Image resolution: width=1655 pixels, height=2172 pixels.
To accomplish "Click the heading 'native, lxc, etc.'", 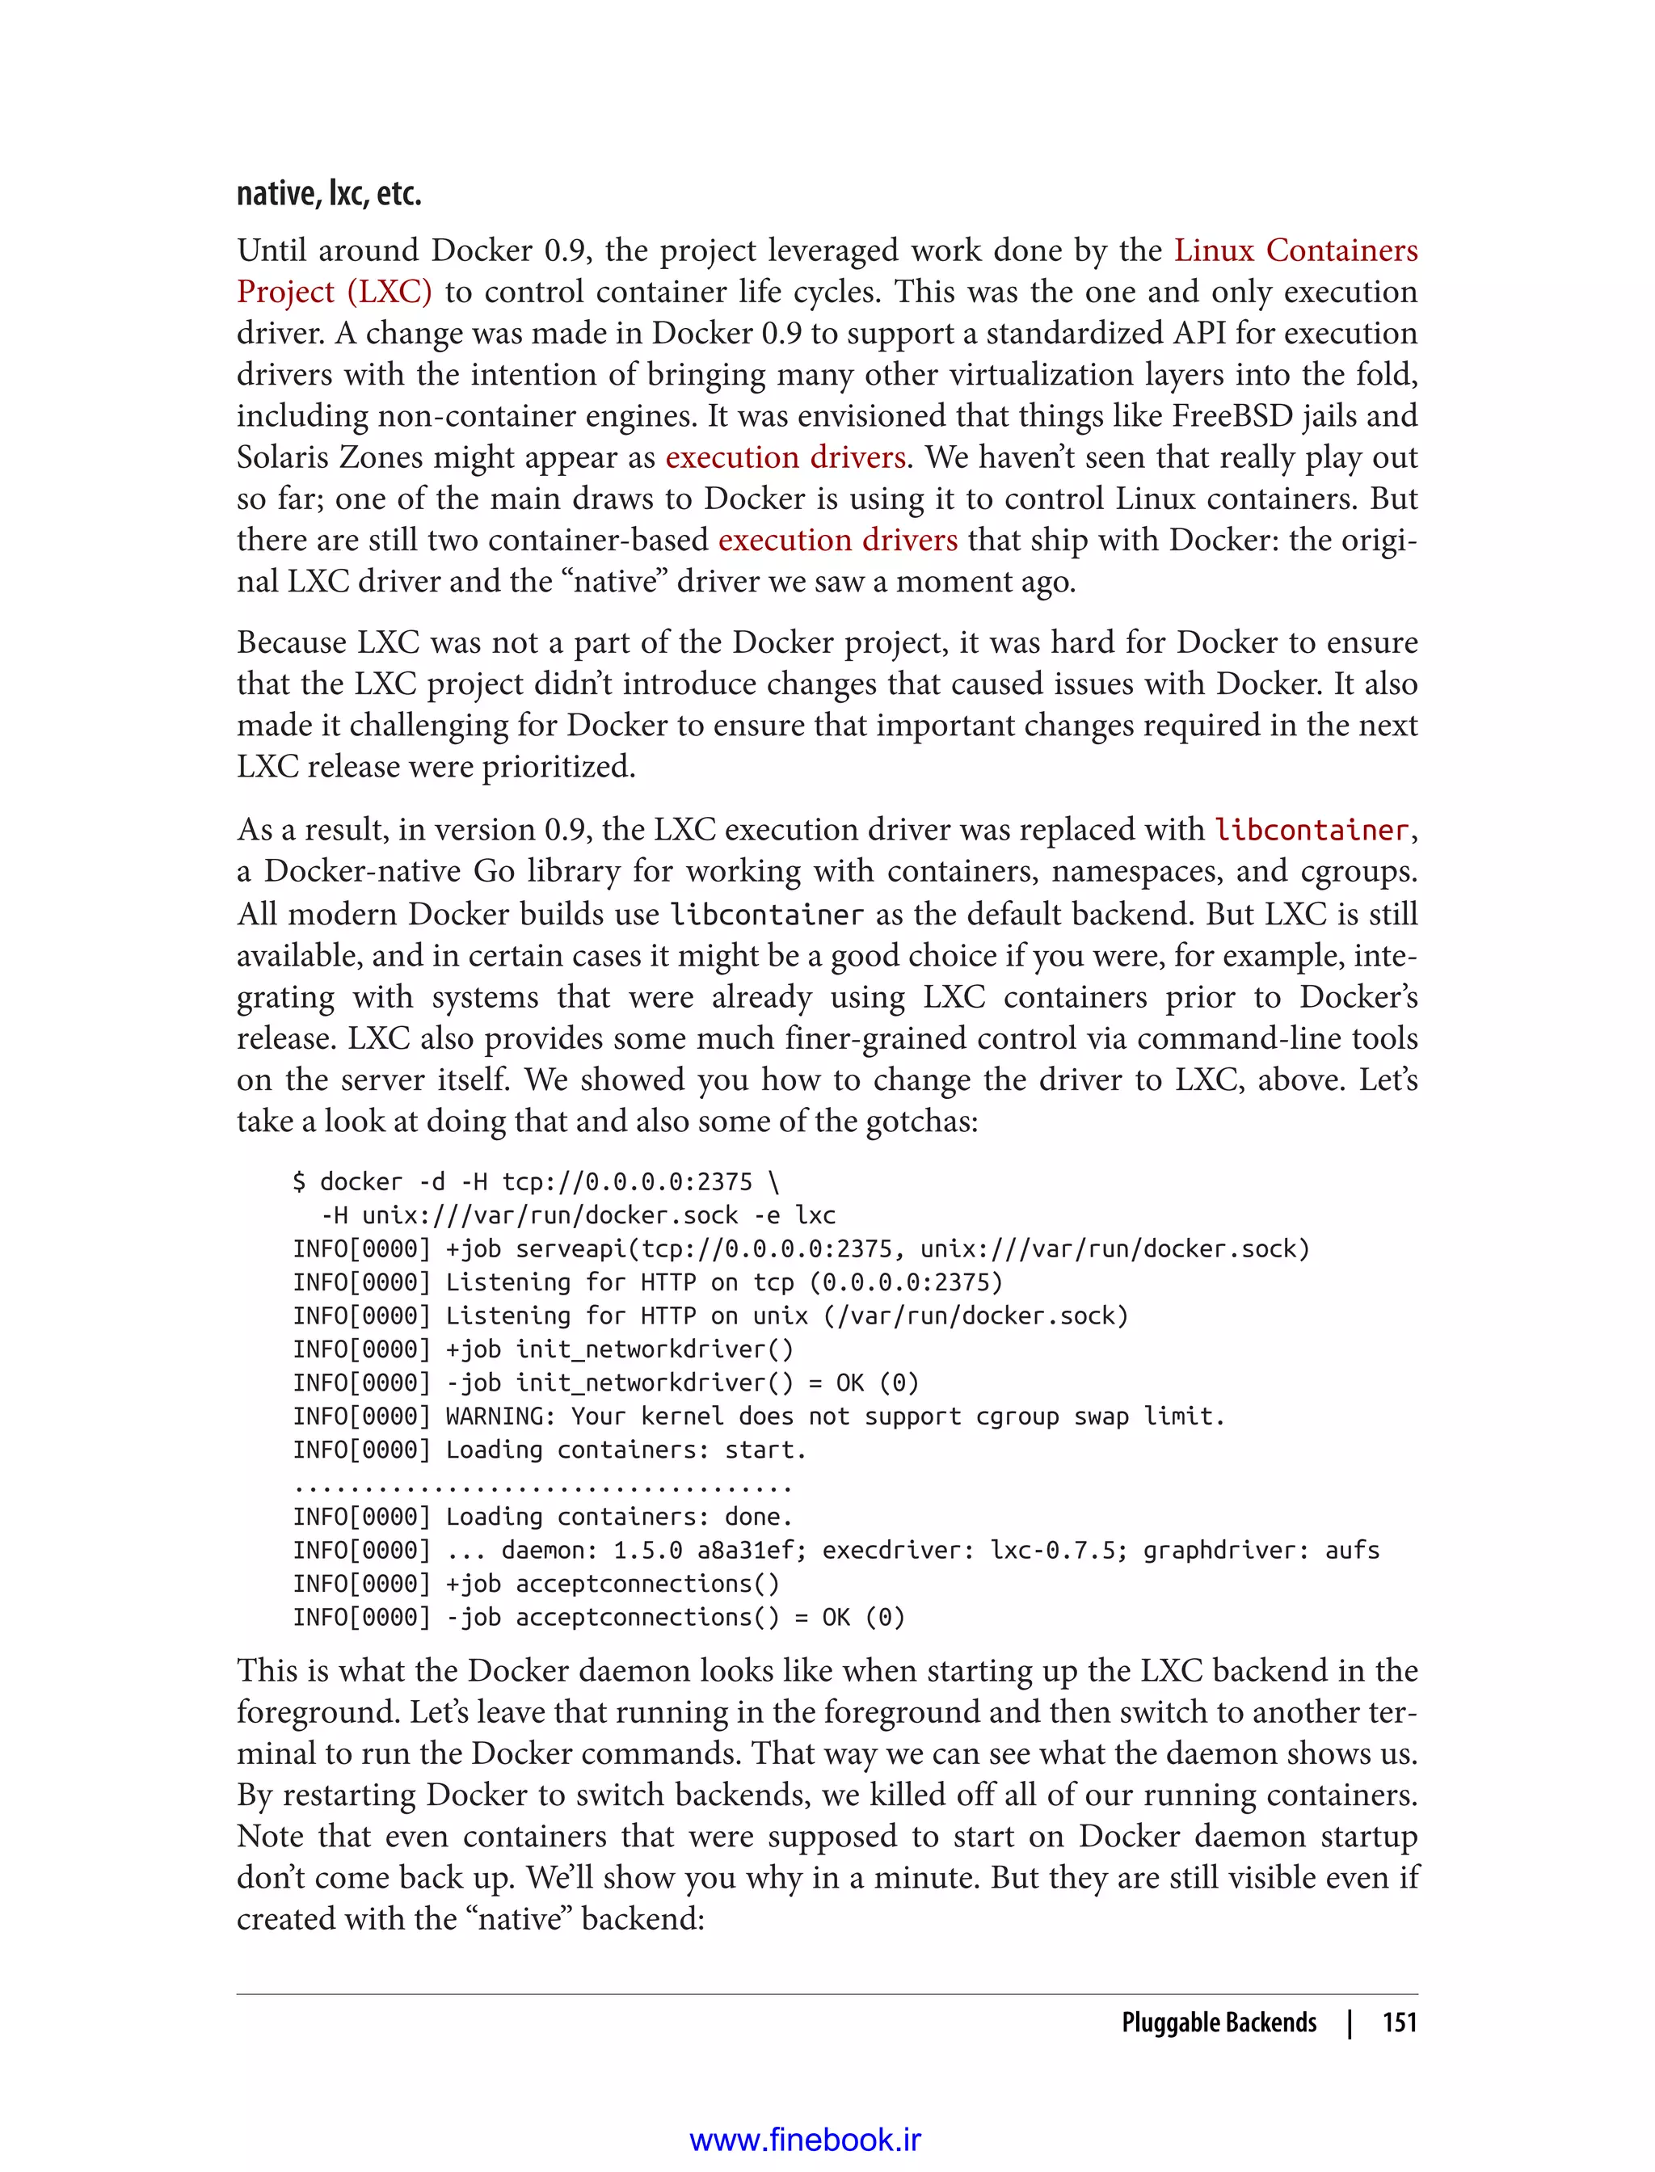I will (x=329, y=193).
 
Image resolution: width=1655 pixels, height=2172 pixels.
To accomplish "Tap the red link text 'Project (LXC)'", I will (x=334, y=293).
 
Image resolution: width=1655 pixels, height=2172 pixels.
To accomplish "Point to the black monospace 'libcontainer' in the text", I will (x=765, y=914).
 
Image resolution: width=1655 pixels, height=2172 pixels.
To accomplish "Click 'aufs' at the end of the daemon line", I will (x=1352, y=1551).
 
